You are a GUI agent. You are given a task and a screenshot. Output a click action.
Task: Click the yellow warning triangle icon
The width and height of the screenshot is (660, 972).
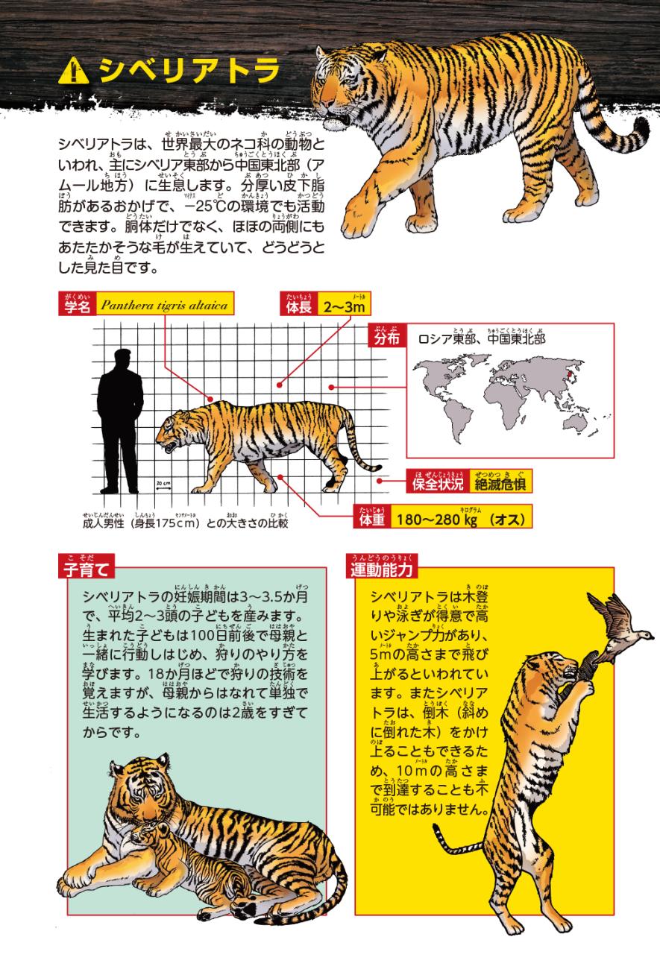pos(75,72)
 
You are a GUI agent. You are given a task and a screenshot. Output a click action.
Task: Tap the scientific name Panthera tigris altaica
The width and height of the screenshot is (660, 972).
pos(165,305)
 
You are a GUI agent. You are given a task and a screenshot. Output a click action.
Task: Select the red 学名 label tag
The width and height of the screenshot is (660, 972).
pos(78,303)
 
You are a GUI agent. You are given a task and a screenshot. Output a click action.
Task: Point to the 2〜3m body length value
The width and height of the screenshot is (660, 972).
pos(344,307)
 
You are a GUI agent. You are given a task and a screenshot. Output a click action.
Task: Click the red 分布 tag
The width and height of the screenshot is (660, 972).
pos(387,335)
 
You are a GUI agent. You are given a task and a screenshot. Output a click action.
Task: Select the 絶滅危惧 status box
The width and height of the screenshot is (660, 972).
pos(500,482)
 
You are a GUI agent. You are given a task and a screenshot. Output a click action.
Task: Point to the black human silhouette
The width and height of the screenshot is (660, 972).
pos(120,420)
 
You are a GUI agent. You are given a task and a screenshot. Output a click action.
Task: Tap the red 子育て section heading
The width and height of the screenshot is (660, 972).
pos(87,567)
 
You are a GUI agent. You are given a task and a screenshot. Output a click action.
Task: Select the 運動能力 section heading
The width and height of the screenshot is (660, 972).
pos(382,567)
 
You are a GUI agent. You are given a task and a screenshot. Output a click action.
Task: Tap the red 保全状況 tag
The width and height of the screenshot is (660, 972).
pos(438,482)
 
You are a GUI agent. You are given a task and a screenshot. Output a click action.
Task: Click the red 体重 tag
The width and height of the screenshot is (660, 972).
pos(372,517)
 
